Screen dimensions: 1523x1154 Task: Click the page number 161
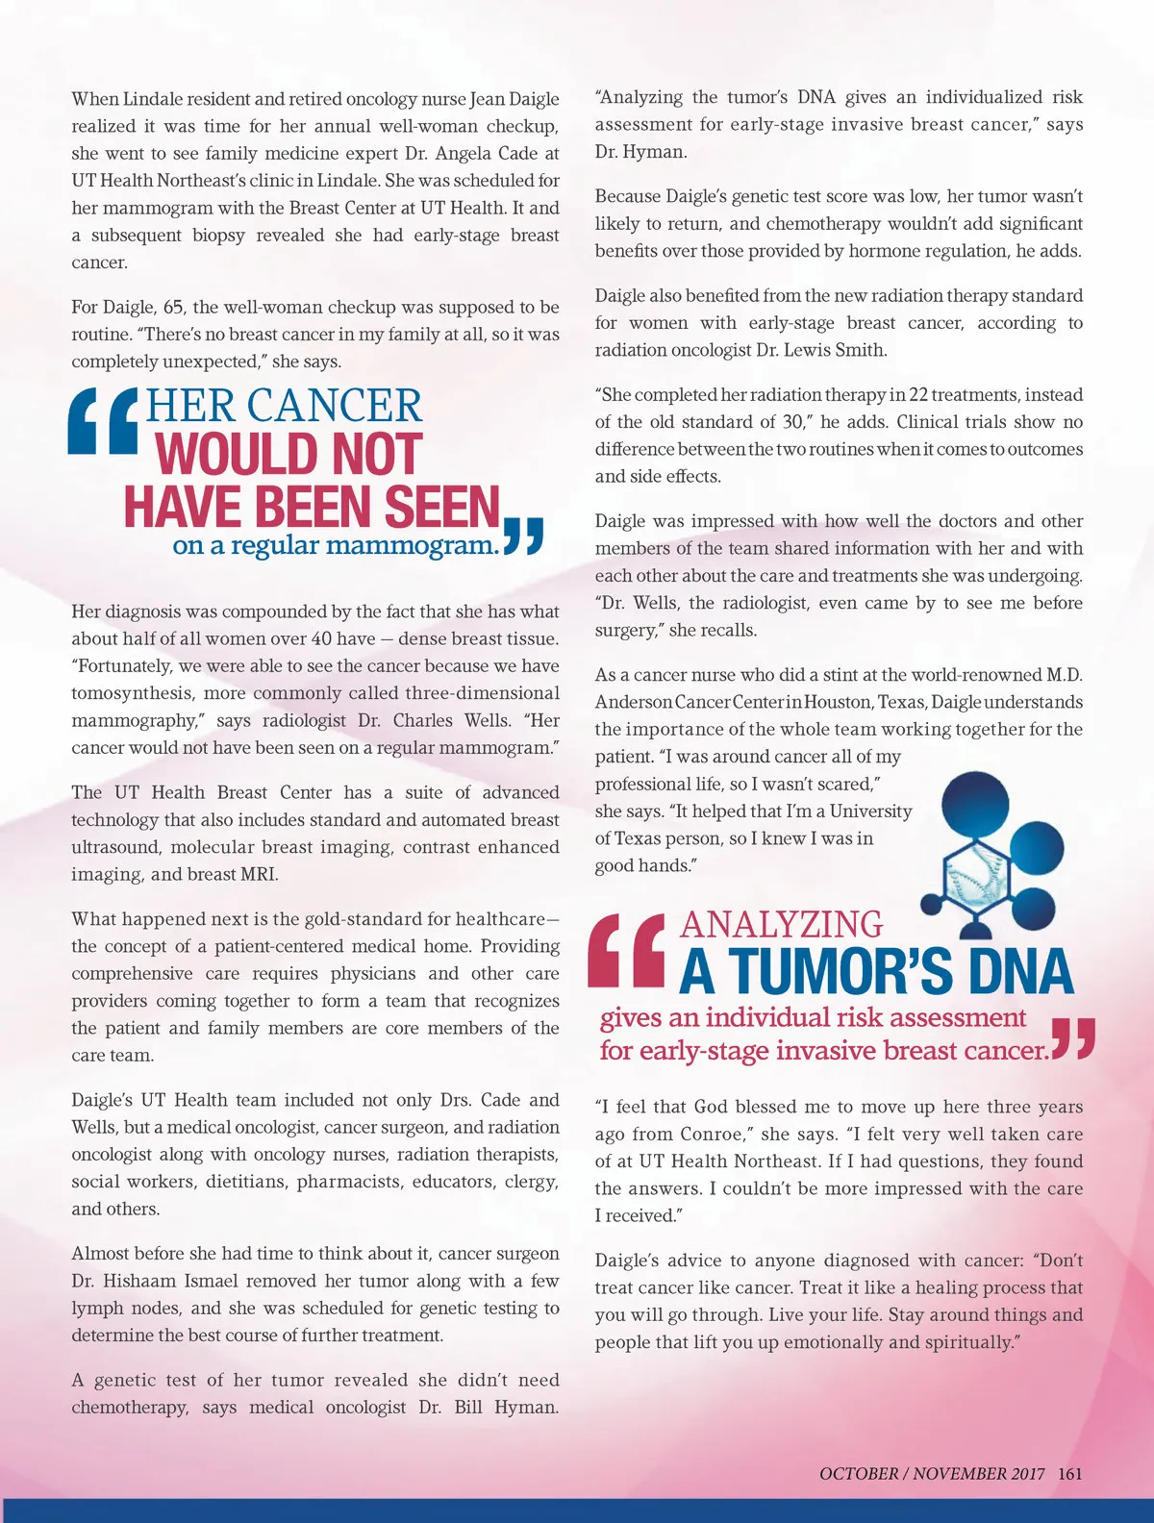click(x=1070, y=1473)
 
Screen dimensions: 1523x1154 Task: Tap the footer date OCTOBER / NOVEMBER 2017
click(x=931, y=1473)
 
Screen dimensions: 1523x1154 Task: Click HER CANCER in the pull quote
click(x=284, y=406)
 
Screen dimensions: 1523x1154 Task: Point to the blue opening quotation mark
click(x=104, y=420)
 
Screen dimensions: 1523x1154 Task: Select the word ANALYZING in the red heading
click(x=781, y=924)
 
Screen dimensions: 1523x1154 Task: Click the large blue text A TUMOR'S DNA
click(x=876, y=972)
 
